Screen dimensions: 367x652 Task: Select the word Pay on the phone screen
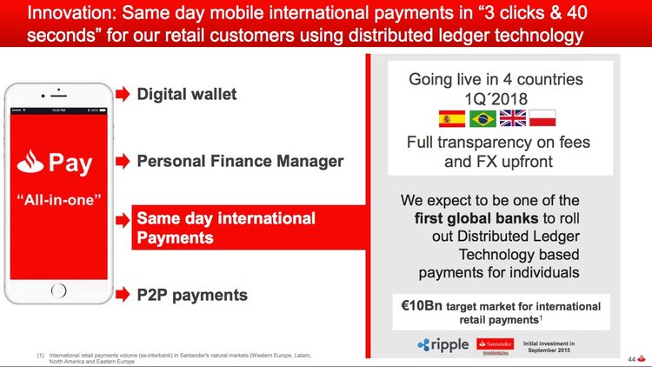coord(71,163)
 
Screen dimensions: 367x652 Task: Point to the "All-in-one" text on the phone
coord(57,199)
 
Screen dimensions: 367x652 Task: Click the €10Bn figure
coord(416,307)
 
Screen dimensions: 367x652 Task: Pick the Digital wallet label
coord(186,93)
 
